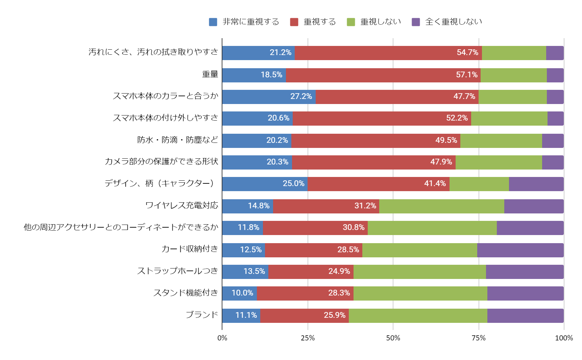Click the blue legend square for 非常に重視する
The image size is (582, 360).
click(213, 22)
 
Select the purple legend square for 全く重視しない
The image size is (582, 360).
click(416, 22)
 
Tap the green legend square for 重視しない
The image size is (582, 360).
click(351, 22)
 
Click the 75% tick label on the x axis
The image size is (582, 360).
click(479, 338)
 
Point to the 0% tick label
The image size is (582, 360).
click(222, 338)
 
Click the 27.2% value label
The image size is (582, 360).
click(301, 96)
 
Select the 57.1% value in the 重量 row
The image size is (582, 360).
click(467, 75)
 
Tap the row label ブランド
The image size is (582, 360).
click(202, 315)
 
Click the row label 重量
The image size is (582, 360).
click(210, 74)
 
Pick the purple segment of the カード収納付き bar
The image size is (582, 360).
click(520, 250)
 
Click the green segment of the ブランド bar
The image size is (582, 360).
click(418, 316)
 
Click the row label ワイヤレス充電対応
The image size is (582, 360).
click(181, 205)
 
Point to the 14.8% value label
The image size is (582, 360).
click(259, 206)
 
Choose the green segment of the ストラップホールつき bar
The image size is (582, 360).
click(419, 272)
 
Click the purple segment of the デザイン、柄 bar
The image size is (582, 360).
click(536, 184)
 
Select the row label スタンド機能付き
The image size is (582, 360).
click(186, 293)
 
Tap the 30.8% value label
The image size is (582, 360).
click(354, 227)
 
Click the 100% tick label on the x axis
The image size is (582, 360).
click(564, 338)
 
